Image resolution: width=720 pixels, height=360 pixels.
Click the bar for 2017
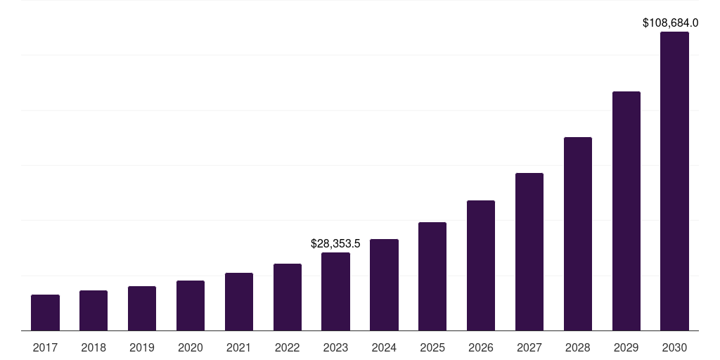[45, 313]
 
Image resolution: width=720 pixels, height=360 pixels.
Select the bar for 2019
[142, 309]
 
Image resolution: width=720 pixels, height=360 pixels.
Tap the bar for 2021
[239, 302]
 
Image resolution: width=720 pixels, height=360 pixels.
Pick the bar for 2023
[335, 292]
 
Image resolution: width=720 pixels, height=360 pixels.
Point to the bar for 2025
[432, 276]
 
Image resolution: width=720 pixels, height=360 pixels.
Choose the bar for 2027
[529, 252]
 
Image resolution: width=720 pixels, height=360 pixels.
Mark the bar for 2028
[578, 234]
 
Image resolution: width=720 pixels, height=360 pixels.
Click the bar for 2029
[626, 211]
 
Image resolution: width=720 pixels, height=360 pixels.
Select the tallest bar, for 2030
[674, 181]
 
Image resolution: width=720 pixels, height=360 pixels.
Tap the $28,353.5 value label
[335, 244]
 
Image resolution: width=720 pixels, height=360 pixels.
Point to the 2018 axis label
[94, 347]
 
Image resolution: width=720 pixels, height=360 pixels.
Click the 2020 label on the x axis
[191, 347]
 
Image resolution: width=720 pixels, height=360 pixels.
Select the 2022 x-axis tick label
[288, 347]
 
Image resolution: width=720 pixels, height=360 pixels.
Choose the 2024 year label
[384, 347]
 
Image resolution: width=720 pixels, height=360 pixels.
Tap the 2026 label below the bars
[481, 347]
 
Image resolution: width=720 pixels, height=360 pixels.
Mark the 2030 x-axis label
[674, 347]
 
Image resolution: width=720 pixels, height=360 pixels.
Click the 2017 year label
[45, 347]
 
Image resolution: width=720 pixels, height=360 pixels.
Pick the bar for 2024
[384, 285]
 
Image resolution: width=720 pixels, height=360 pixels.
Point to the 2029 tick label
[626, 347]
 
